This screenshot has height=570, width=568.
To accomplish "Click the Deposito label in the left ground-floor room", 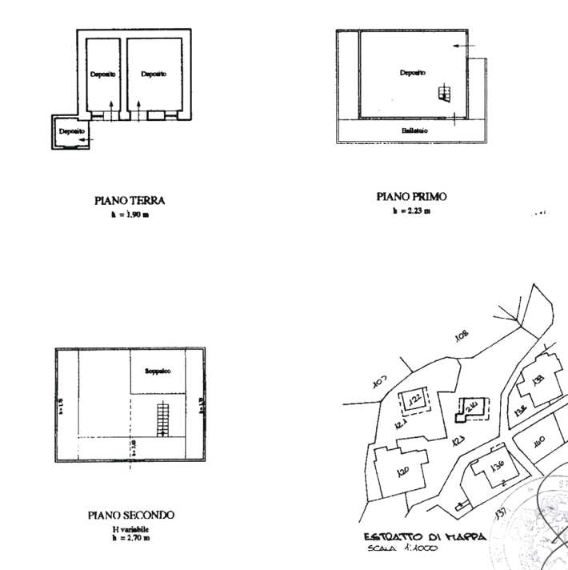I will tap(101, 74).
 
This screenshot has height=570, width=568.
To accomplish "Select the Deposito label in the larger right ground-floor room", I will tap(154, 74).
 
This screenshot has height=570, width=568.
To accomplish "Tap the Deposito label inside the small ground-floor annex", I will tap(71, 129).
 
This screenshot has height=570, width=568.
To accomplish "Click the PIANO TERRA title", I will tap(130, 202).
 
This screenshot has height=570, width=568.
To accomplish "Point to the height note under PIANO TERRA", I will tap(130, 215).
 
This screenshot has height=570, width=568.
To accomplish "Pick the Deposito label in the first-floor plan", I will tap(413, 73).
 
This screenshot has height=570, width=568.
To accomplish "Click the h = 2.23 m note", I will tap(411, 211).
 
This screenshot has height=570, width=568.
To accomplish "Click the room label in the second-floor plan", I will tap(158, 371).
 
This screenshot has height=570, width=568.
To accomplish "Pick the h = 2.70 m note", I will tap(130, 537).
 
